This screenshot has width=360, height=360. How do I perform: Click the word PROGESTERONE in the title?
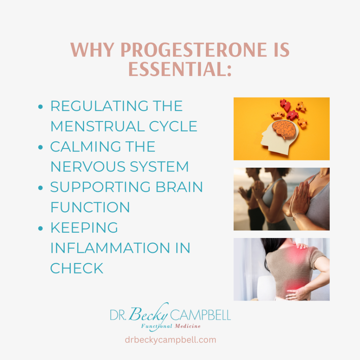pos(194,50)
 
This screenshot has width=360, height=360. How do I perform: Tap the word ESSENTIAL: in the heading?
pos(180,69)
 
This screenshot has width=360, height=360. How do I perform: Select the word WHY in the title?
pos(92,50)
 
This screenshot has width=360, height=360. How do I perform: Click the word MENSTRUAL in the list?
pos(98,126)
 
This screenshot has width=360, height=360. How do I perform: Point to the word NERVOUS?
pos(88,167)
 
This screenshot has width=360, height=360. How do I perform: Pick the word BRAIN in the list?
pos(179,187)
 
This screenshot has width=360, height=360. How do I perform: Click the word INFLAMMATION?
pos(110,248)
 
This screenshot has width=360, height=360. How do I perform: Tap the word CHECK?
pos(77,268)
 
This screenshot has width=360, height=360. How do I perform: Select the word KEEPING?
pos(84,227)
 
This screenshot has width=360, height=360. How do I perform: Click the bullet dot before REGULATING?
pos(41,107)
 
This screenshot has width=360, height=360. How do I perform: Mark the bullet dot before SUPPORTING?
pos(41,188)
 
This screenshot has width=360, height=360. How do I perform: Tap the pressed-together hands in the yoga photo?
pos(300,199)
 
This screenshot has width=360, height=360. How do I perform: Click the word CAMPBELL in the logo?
pos(200,315)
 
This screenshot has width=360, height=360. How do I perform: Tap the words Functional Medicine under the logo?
pos(171,326)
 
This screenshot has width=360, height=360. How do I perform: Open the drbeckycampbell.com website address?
pos(171,340)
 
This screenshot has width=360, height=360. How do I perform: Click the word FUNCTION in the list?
pos(90,207)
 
